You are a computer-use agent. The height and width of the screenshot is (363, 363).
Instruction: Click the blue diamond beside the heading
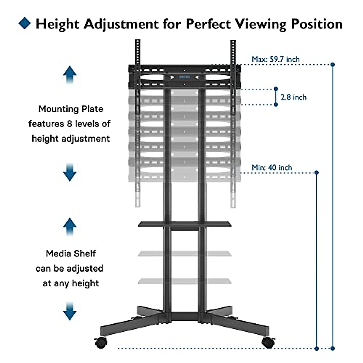(25, 23)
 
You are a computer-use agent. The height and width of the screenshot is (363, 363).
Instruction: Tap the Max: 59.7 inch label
(275, 59)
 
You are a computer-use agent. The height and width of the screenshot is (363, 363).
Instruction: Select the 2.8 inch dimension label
(293, 97)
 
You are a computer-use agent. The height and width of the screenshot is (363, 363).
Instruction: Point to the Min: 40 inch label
(272, 168)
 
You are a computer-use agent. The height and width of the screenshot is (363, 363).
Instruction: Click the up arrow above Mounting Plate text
(70, 74)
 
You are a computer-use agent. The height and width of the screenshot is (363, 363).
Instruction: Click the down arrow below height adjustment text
(70, 172)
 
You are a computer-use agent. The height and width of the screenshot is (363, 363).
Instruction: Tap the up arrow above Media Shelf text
(70, 227)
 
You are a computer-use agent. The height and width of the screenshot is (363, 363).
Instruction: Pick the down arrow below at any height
(70, 311)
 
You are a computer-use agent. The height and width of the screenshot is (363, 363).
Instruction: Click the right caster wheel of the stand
(268, 343)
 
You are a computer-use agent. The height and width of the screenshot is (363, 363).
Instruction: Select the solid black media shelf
(185, 224)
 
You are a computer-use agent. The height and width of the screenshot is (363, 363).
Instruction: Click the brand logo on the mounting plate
(185, 77)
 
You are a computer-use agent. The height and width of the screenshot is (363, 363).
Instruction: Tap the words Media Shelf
(71, 253)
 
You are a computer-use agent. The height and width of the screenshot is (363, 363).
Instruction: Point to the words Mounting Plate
(71, 109)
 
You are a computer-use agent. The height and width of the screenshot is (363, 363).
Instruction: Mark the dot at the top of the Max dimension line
(333, 64)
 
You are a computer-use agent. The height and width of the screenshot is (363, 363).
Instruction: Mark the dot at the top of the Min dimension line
(317, 172)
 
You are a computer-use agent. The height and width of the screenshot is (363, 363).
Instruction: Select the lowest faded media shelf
(185, 281)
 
